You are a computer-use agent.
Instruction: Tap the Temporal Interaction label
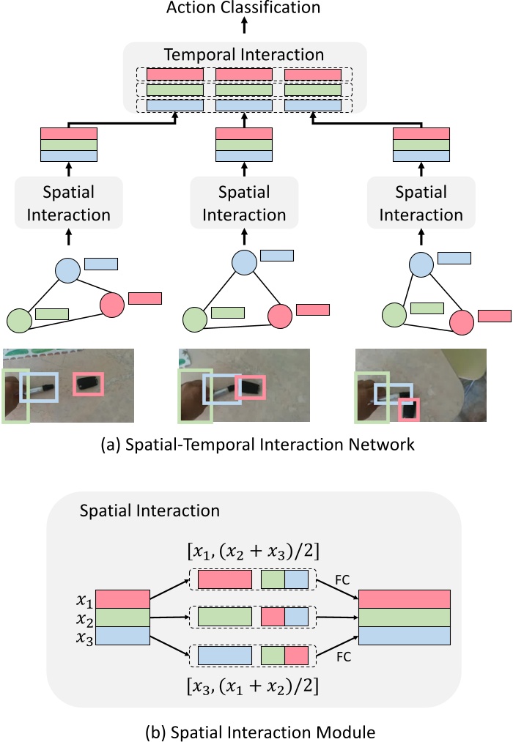244,54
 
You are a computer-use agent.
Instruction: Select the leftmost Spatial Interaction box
67,204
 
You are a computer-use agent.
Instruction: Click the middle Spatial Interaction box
244,204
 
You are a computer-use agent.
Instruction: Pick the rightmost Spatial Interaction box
421,204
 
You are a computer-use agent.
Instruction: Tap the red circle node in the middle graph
280,316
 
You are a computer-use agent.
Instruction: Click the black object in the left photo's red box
89,382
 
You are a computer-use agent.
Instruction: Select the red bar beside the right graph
494,316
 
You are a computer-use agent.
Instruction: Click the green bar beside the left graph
52,314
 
